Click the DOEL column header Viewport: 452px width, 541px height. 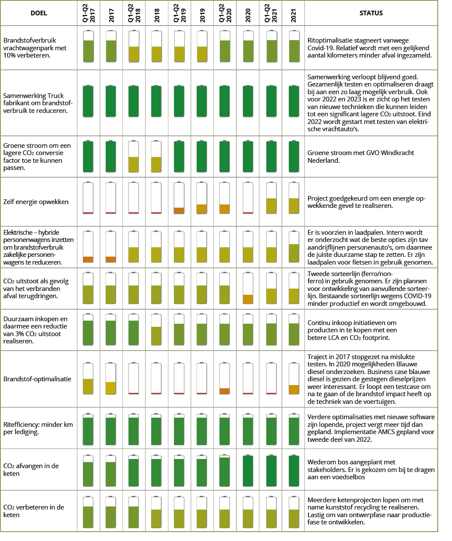pos(39,13)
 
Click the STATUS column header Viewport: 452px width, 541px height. pos(371,13)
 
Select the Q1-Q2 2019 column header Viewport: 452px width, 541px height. pos(179,13)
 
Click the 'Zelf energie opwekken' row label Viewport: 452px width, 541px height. pos(36,202)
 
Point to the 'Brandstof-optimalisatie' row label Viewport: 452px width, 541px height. pos(37,379)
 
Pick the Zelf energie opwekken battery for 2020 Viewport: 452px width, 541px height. pos(248,198)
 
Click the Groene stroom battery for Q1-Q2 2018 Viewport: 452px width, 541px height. pos(134,156)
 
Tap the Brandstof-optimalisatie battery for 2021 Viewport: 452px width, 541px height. pos(294,379)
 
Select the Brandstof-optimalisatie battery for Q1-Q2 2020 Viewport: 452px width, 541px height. pos(225,379)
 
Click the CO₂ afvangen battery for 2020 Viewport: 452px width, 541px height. pos(248,471)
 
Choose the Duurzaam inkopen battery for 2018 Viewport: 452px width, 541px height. pos(156,330)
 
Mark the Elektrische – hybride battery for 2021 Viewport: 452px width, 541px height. pos(294,247)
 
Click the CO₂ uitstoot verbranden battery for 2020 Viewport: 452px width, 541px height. pos(248,288)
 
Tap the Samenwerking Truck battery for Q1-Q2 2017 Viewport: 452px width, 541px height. pos(88,101)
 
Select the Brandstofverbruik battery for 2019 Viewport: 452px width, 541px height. pos(202,46)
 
